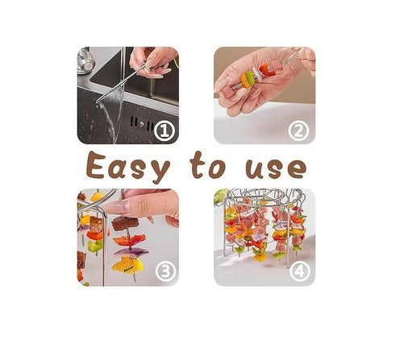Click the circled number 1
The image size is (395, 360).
(164, 130)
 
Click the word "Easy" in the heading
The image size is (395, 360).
(128, 167)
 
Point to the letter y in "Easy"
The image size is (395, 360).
(160, 171)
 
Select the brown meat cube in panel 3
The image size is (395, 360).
(125, 223)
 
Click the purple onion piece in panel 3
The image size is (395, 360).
(129, 252)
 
